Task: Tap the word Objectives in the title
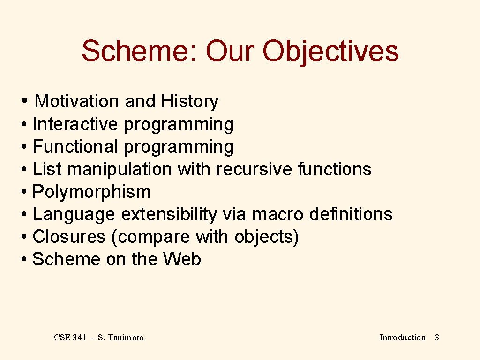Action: coord(330,52)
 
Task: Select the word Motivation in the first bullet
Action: coord(76,101)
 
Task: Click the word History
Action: coord(189,102)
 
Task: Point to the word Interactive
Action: coord(75,124)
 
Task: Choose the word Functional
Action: coord(75,146)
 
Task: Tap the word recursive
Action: coord(254,169)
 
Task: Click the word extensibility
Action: coord(169,215)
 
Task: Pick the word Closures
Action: coord(69,237)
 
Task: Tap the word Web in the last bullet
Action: coord(182,259)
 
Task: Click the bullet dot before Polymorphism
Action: coord(24,192)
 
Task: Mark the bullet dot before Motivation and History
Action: coord(24,100)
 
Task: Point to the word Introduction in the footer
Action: coord(403,337)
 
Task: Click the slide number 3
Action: coord(437,337)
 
